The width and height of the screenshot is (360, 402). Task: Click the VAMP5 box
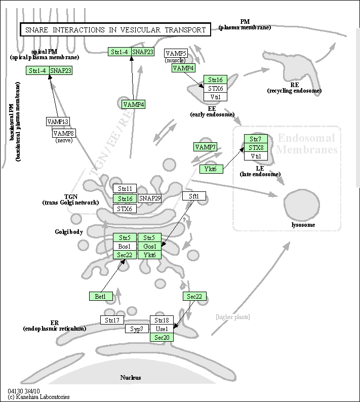[x=176, y=53]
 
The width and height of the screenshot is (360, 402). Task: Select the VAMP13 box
[x=58, y=122]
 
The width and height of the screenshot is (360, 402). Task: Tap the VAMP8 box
[x=64, y=133]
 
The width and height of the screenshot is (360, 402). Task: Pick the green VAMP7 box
[x=206, y=147]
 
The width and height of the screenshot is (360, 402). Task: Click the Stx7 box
[x=256, y=139]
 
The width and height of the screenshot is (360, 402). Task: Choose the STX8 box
[x=256, y=147]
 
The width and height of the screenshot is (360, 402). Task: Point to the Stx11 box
[x=125, y=188]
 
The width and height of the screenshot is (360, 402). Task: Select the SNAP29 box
[x=150, y=198]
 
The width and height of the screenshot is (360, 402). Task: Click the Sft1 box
[x=194, y=196]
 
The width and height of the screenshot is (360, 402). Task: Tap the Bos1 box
[x=125, y=246]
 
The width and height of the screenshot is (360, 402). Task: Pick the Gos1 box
[x=149, y=246]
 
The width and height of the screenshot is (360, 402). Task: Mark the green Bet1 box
[x=100, y=296]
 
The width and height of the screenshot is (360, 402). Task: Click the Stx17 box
[x=112, y=320]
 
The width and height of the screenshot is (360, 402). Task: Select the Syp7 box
[x=137, y=329]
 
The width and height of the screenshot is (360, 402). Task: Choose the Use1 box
[x=162, y=329]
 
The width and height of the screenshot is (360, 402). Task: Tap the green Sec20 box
[x=162, y=337]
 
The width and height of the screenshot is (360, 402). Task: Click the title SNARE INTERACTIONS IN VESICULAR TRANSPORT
[x=115, y=30]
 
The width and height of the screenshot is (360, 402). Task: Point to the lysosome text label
[x=303, y=225]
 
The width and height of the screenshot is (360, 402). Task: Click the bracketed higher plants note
[x=232, y=317]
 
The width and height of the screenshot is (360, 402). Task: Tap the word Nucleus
[x=131, y=378]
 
